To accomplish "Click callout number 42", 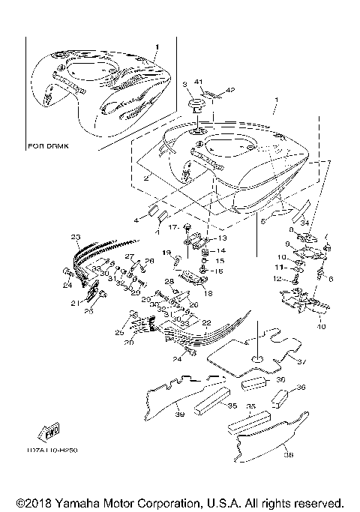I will pyautogui.click(x=231, y=91).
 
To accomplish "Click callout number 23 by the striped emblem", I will pyautogui.click(x=76, y=238).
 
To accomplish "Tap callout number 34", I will pyautogui.click(x=304, y=223).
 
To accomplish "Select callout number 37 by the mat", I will pyautogui.click(x=304, y=362).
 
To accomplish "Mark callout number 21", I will pyautogui.click(x=74, y=303).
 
